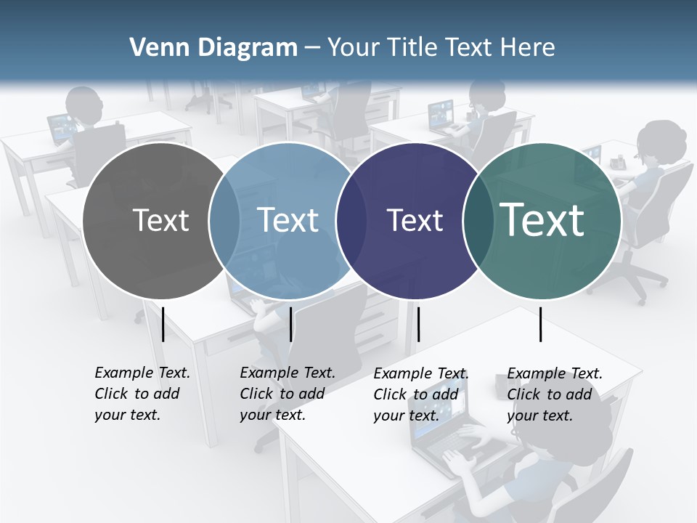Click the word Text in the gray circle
160,220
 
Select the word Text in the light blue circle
288,220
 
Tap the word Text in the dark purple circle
415,220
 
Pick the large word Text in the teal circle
542,219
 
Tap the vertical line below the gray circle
163,324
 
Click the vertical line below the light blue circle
290,324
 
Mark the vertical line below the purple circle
418,324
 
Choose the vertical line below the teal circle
541,324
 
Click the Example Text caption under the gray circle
142,394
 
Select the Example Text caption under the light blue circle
287,394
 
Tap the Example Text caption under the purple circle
420,394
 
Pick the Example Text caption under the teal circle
554,394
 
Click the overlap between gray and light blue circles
224,220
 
